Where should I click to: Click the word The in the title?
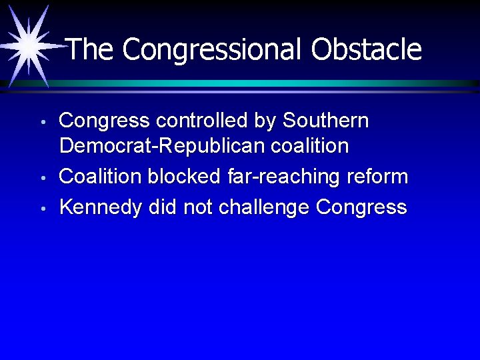coord(91,49)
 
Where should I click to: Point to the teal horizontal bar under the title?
coord(267,83)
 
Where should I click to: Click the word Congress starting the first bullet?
coord(103,121)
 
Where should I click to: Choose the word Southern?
coord(325,121)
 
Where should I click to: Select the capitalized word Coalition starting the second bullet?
coord(101,177)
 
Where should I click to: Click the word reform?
coord(379,177)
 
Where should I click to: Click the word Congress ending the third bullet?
coord(361,207)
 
